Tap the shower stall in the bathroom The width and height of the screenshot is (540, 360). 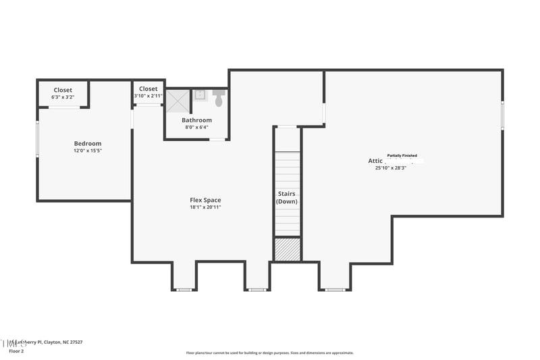pos(178,102)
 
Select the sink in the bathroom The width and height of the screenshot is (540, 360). pos(200,95)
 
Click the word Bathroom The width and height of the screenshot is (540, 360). pos(196,120)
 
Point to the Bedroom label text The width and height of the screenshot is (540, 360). pos(88,143)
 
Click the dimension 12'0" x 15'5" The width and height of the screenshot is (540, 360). pos(88,151)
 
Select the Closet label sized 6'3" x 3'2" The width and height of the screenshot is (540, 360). pos(63,93)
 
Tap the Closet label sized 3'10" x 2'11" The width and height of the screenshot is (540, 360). pos(148,93)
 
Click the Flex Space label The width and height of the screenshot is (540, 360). pos(205,200)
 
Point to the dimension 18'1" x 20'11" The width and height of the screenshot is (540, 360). pos(205,207)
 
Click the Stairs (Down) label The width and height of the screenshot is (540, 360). pos(287,197)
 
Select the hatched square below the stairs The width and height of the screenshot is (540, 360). pos(287,249)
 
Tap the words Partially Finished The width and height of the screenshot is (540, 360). pos(402,155)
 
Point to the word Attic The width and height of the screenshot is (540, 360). pos(375,161)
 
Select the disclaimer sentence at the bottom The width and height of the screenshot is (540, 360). pos(269,353)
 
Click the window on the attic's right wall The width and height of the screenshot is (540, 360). pos(502,115)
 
